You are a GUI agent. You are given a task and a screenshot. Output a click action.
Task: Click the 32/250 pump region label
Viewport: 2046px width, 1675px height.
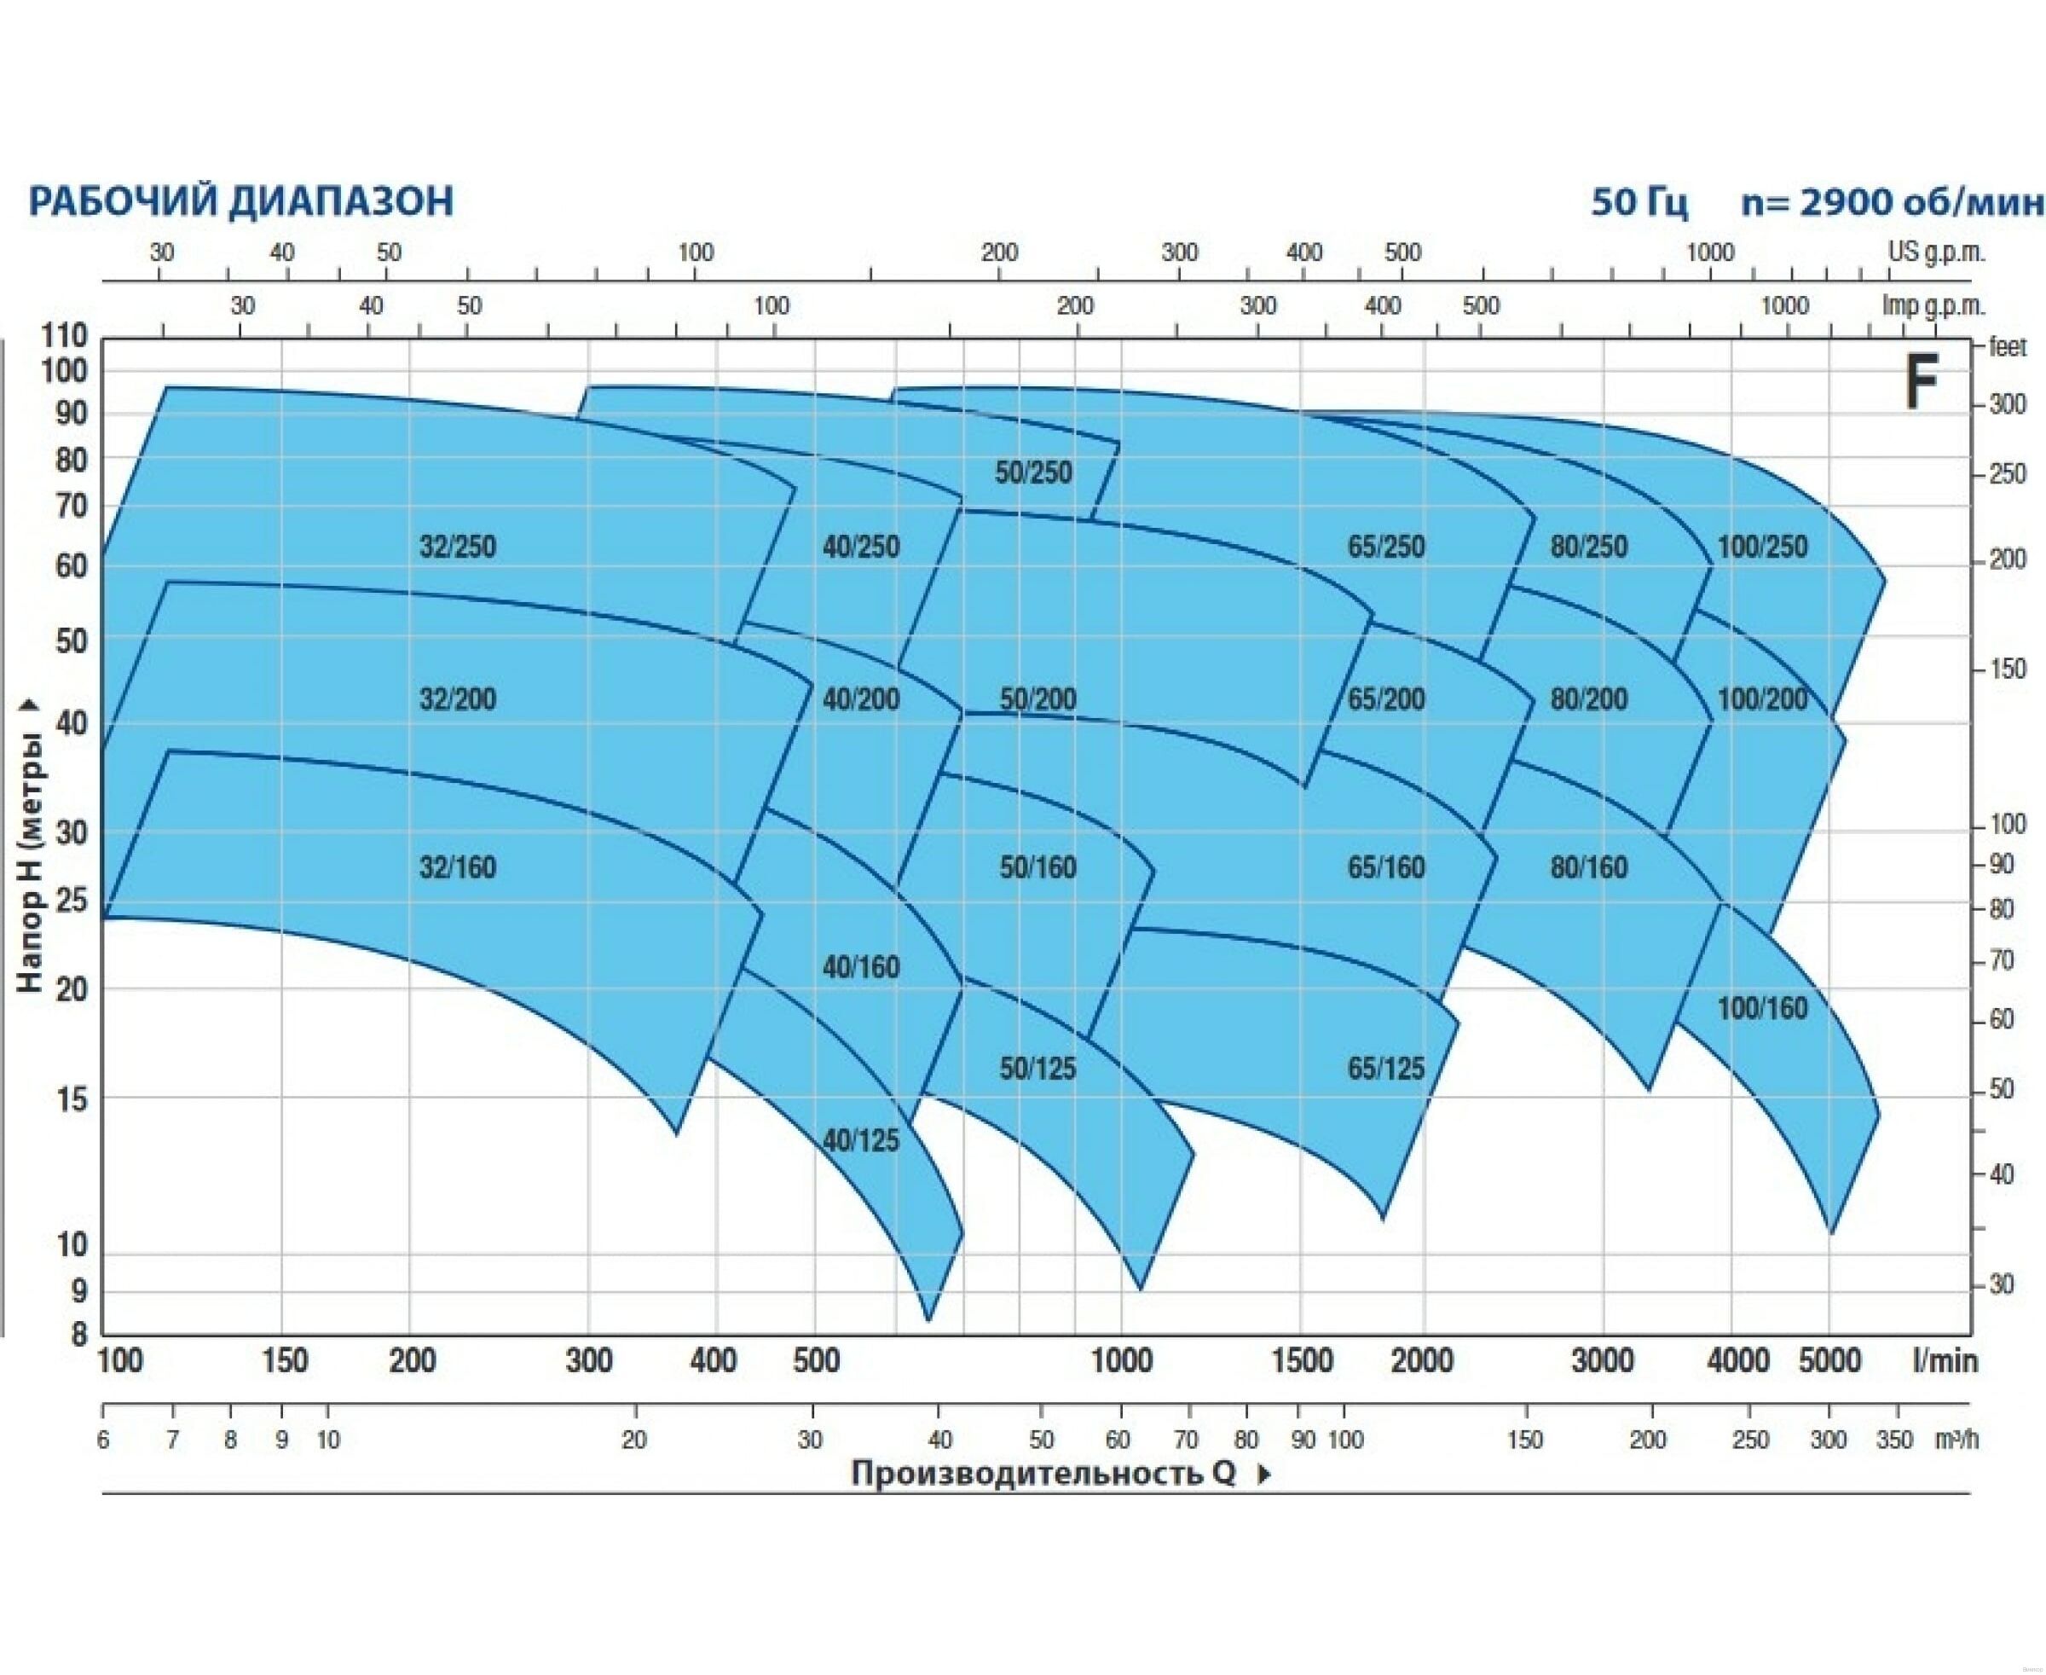457,547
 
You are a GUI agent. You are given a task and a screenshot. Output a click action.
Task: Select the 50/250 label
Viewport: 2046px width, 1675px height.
1033,472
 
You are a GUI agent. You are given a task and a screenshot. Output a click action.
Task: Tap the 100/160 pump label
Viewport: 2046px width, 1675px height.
1761,1008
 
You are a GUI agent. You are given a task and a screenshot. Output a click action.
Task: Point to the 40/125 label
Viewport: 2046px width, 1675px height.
860,1140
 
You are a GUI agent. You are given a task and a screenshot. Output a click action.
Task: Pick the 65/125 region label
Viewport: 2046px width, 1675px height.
1385,1068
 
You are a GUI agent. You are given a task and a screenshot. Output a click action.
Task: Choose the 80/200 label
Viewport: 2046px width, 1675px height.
1589,698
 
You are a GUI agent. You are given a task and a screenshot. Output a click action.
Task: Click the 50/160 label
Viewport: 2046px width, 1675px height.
1037,867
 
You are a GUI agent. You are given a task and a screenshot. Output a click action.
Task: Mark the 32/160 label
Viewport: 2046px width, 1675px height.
457,867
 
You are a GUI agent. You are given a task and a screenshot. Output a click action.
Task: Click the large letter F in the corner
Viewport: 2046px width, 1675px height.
1921,383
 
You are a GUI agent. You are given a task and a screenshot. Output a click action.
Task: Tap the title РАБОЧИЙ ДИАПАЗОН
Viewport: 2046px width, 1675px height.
240,201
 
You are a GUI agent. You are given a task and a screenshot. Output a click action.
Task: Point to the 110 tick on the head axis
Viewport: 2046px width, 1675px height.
65,336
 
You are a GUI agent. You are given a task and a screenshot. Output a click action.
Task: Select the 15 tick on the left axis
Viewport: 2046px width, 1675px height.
72,1099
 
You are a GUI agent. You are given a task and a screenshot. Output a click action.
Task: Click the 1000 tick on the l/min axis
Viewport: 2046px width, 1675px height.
1121,1361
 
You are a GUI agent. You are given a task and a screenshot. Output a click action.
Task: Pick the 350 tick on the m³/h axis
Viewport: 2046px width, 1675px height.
1893,1440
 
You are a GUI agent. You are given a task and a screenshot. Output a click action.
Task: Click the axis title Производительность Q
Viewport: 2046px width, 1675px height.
1043,1474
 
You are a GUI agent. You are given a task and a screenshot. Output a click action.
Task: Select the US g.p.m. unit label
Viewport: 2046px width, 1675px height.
1936,252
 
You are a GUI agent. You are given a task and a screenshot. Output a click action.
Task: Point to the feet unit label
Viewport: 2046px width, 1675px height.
2008,347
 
